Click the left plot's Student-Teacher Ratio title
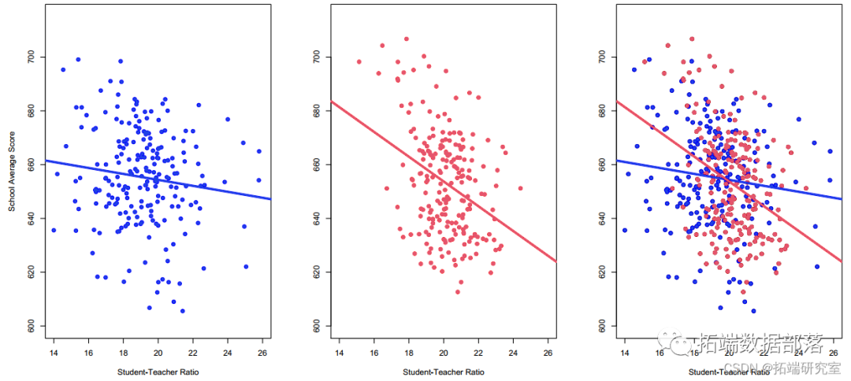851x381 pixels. pyautogui.click(x=154, y=372)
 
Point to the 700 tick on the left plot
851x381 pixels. pyautogui.click(x=31, y=57)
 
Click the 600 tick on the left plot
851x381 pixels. pyautogui.click(x=31, y=325)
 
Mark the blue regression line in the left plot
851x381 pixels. pyautogui.click(x=158, y=179)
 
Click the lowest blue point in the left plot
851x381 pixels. pyautogui.click(x=182, y=311)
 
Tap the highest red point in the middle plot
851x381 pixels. pyautogui.click(x=407, y=39)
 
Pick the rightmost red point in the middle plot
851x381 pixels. pyautogui.click(x=520, y=188)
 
